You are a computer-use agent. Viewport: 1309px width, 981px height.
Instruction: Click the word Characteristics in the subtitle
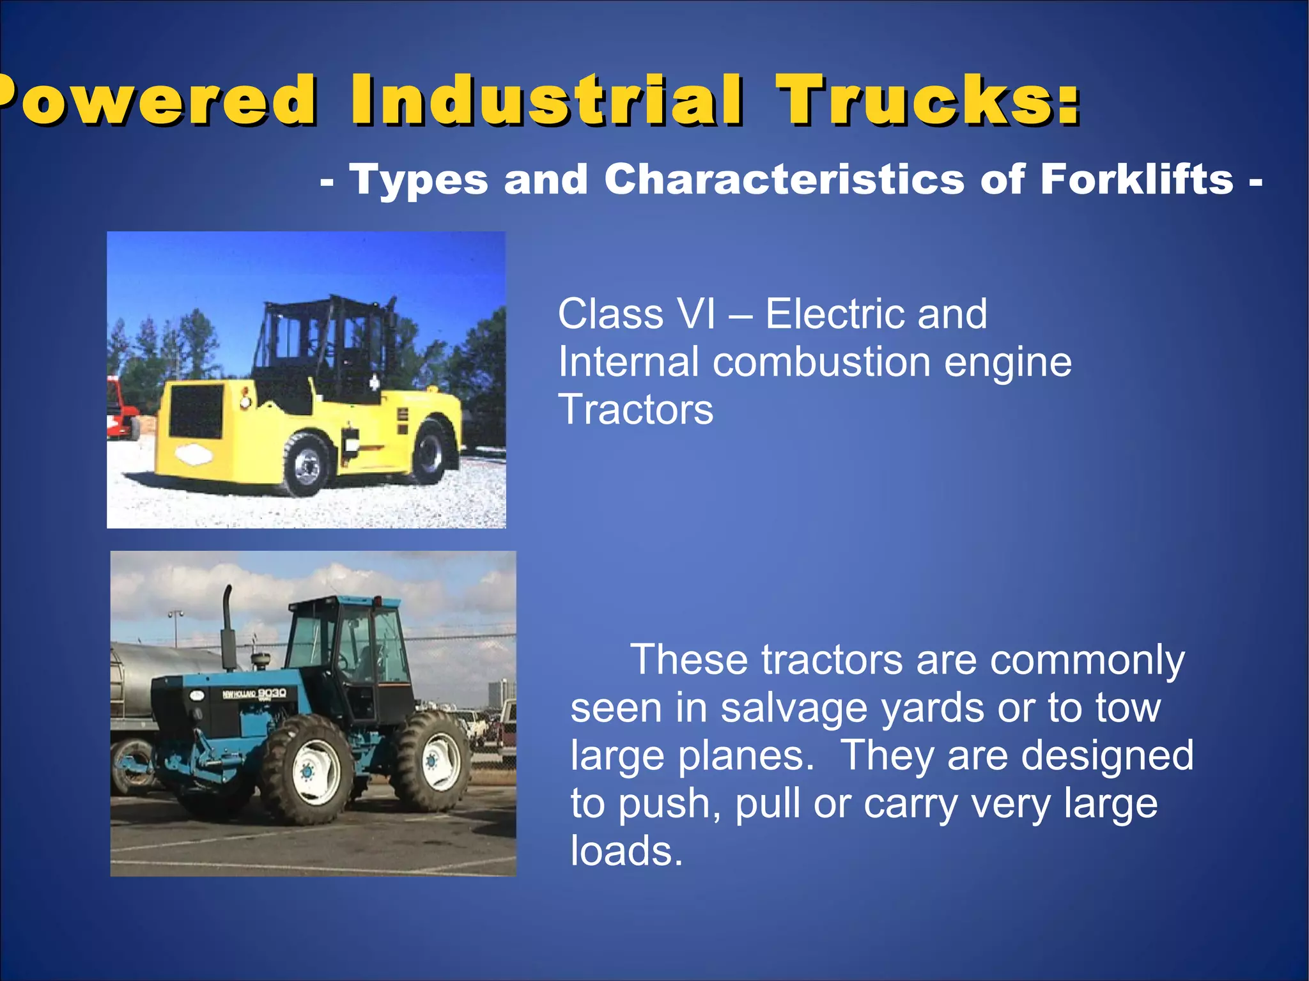784,180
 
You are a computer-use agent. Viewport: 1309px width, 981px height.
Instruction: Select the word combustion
821,362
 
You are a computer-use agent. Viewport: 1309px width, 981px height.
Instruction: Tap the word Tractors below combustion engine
635,410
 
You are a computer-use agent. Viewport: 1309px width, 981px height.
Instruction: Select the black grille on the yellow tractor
196,411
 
